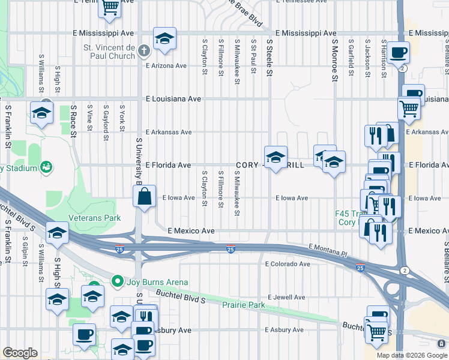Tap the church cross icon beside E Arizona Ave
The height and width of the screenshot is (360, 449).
[143, 52]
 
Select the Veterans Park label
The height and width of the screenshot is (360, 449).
[95, 218]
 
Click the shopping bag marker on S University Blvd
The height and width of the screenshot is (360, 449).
[145, 196]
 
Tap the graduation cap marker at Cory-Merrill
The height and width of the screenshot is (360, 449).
[276, 158]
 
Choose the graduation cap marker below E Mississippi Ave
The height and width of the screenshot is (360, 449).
[164, 39]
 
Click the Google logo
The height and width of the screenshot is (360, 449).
[20, 353]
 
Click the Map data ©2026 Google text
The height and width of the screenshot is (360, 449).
[411, 355]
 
